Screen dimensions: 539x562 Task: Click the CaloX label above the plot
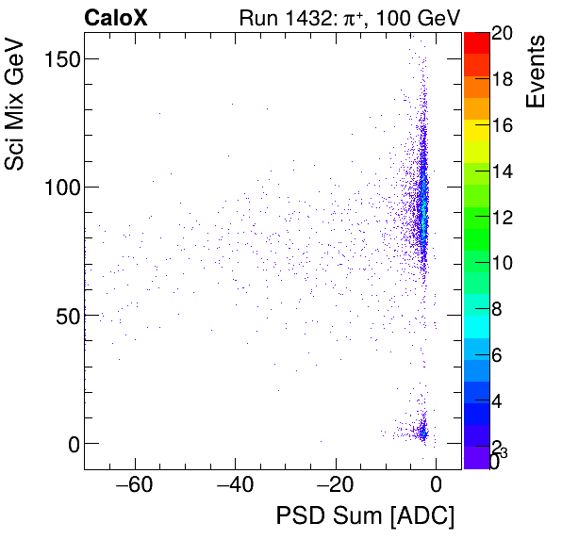[x=116, y=18]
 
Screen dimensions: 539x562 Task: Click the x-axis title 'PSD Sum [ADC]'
[x=365, y=516]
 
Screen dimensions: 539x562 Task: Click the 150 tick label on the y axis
[x=60, y=58]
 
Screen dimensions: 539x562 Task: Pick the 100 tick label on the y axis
[x=60, y=187]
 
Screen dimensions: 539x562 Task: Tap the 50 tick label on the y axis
[x=65, y=315]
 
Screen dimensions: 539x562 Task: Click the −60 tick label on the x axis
[x=134, y=485]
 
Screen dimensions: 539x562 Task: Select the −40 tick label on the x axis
[x=235, y=485]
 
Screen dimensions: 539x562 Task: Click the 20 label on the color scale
[x=502, y=34]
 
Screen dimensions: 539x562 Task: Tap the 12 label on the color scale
[x=502, y=217]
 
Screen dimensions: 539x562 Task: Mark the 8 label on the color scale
[x=502, y=308]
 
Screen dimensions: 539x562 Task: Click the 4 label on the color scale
[x=502, y=400]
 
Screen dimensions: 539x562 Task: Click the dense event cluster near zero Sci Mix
[x=422, y=432]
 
